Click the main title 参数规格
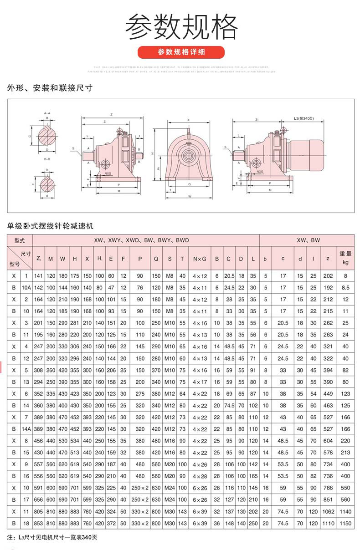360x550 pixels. click(181, 27)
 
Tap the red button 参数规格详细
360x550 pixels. click(181, 52)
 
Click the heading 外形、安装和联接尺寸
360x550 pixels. click(50, 88)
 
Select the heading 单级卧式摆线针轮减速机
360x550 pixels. click(51, 226)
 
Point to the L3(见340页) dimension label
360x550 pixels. click(303, 118)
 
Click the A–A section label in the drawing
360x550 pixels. click(47, 112)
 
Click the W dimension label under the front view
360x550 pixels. click(189, 196)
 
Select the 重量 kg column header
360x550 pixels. click(345, 258)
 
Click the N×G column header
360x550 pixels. click(200, 259)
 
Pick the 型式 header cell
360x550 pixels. click(20, 240)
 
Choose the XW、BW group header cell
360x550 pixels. click(309, 240)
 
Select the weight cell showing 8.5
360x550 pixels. click(345, 288)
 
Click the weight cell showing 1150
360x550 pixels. click(345, 524)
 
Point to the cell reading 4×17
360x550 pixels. click(200, 382)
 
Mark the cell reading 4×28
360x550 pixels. click(200, 476)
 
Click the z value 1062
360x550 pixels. click(326, 512)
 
